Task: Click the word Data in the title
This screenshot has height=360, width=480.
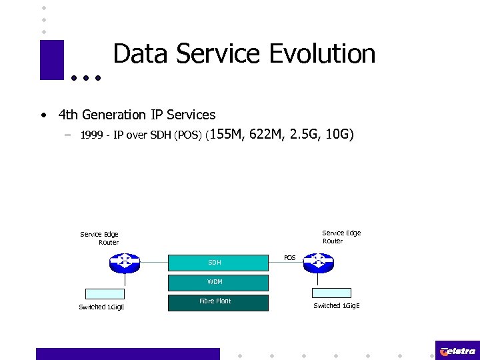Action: [139, 54]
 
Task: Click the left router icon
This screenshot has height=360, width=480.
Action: [125, 263]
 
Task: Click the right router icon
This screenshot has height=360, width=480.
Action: [318, 263]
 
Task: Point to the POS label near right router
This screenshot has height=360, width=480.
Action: [289, 257]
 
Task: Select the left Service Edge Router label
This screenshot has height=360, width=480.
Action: [100, 238]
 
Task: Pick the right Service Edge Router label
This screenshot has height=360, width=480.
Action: [341, 237]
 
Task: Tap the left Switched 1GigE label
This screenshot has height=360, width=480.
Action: [101, 307]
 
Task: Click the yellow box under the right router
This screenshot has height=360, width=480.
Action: [331, 293]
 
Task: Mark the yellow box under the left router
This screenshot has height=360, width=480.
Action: [105, 293]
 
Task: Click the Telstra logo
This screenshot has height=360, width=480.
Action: [457, 351]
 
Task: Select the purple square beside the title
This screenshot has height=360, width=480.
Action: [52, 60]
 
